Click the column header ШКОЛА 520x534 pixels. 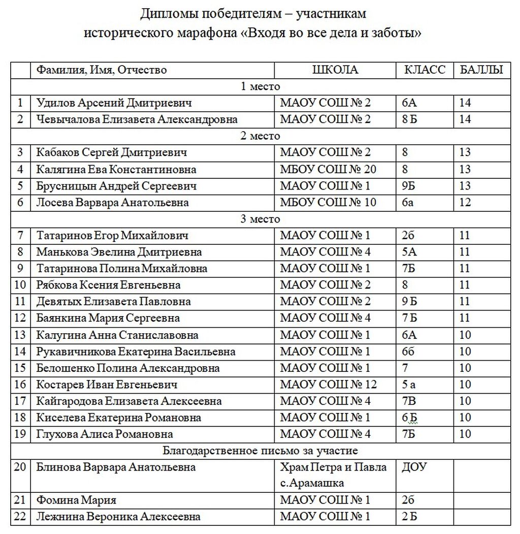click(335, 70)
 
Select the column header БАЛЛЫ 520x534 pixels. click(481, 70)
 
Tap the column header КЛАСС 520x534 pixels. click(425, 70)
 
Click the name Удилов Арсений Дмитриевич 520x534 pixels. click(114, 103)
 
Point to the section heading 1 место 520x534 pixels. click(260, 86)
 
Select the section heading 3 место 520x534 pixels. click(260, 219)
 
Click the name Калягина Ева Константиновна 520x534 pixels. click(116, 169)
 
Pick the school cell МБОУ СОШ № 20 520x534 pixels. click(328, 169)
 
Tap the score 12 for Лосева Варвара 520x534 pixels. click(465, 203)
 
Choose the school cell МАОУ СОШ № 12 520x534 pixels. click(328, 385)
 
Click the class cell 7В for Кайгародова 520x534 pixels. click(409, 401)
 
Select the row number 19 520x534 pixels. click(20, 434)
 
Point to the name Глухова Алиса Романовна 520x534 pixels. click(105, 434)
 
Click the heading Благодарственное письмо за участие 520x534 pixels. click(260, 451)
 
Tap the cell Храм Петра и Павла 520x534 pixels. click(333, 467)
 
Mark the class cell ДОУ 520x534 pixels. click(414, 467)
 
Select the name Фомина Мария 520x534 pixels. click(76, 500)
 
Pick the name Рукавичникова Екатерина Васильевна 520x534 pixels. click(136, 352)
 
